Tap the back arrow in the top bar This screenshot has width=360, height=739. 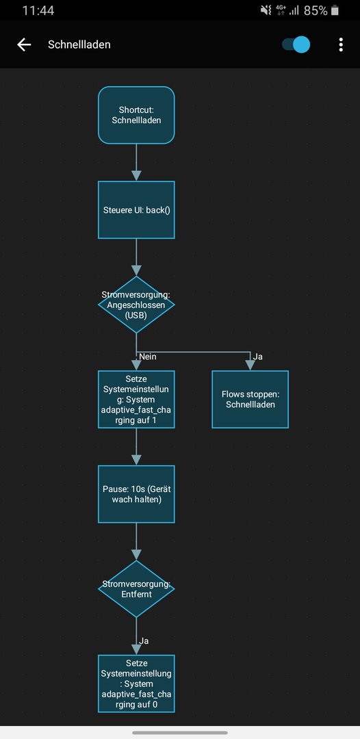pos(23,44)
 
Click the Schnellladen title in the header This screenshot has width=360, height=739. pos(79,44)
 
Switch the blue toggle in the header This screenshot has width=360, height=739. pos(296,44)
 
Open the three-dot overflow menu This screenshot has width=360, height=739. pos(341,44)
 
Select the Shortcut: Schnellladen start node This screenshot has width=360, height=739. pos(136,115)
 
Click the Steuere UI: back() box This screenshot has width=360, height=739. pos(136,210)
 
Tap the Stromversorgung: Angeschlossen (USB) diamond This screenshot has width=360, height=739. pos(136,304)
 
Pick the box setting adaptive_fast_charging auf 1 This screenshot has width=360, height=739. pos(136,399)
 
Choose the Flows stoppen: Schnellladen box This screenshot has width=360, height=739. pos(250,399)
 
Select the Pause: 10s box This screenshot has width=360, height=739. pos(136,494)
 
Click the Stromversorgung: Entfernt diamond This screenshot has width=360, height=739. pos(136,588)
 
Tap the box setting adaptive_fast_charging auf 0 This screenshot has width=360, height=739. pos(136,684)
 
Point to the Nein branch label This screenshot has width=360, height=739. pos(147,356)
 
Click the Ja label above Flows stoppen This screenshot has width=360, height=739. pos(258,356)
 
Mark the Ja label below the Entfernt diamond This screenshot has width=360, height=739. pos(144,641)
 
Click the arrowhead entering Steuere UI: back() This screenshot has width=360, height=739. pos(136,176)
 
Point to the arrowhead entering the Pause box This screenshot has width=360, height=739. pos(136,460)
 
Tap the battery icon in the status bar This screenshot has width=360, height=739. pos(335,10)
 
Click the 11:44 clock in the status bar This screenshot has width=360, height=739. pos(38,10)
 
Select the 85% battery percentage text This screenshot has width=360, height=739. pos(316,10)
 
